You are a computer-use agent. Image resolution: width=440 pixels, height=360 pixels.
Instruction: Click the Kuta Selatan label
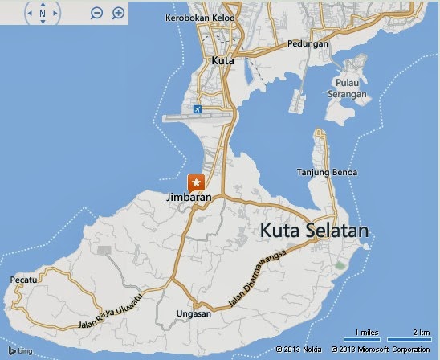314,231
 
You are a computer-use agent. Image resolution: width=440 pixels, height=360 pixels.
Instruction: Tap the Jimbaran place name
189,198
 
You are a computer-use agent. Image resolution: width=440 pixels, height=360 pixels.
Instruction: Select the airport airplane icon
198,109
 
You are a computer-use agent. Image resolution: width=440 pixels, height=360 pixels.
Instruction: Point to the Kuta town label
222,60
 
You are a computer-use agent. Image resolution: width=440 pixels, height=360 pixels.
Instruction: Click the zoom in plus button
118,13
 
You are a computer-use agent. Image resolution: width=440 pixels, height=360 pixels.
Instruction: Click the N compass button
42,13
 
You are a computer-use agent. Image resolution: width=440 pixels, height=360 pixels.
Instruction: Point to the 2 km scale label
421,333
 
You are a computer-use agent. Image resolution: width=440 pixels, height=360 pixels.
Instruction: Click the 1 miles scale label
366,333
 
